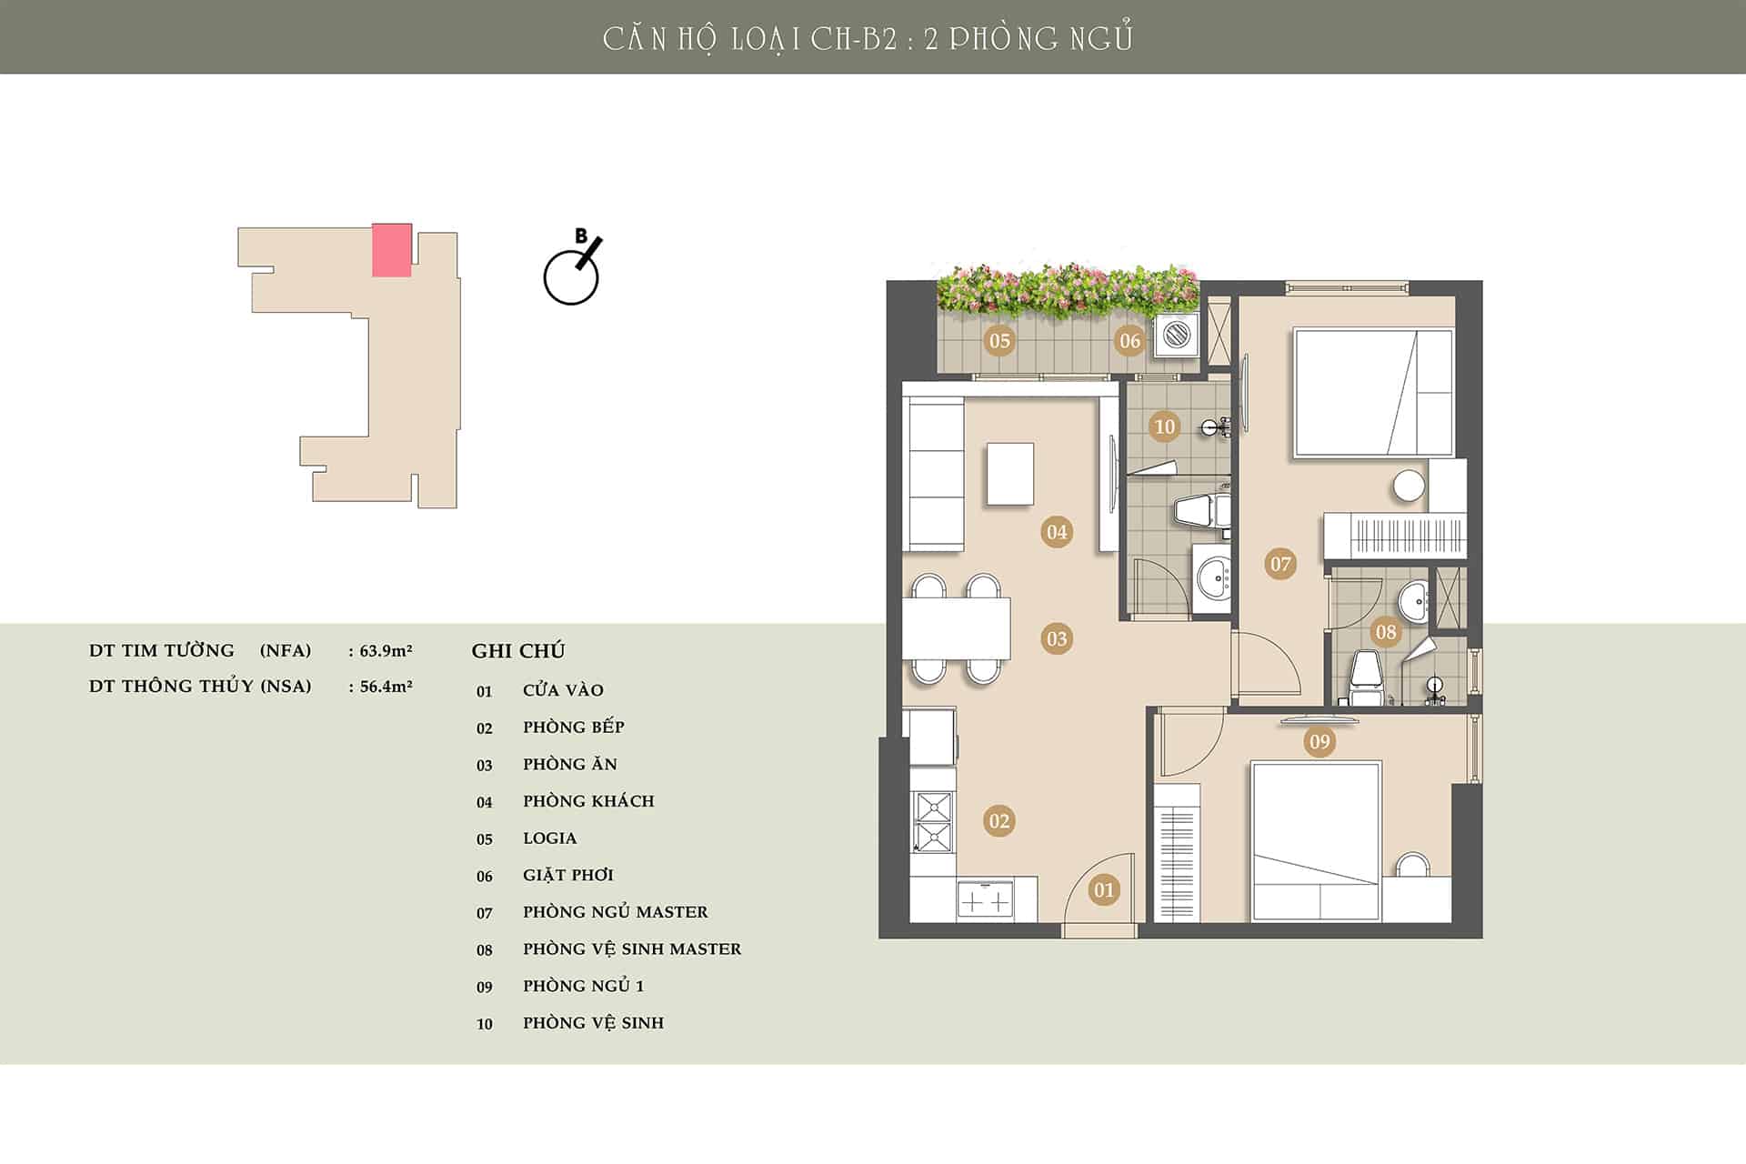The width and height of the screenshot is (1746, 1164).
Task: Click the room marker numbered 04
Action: point(1057,532)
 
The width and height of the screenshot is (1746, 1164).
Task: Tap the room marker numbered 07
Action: point(1280,564)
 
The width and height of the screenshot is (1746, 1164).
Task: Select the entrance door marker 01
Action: point(1104,889)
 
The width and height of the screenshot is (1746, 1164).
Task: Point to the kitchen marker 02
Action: point(998,821)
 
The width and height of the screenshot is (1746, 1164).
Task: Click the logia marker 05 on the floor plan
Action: point(999,341)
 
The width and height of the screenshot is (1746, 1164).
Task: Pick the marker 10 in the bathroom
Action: point(1164,426)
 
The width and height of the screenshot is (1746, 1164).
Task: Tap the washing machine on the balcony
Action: point(1177,336)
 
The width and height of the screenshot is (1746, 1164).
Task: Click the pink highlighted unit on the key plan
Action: point(392,250)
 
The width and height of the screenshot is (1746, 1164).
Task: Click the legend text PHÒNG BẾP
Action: point(574,727)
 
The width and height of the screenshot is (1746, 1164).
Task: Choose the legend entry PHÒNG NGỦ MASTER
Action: point(616,911)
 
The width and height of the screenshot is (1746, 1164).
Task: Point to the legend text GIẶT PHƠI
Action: point(568,875)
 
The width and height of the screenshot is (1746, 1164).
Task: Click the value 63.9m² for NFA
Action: point(386,650)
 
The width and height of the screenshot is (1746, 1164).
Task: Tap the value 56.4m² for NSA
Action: point(386,686)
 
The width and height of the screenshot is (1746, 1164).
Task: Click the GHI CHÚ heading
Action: point(518,650)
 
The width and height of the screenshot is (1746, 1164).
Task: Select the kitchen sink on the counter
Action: point(986,901)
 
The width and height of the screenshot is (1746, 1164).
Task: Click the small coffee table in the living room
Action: point(1010,473)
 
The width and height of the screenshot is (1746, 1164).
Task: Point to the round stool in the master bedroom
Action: point(1409,486)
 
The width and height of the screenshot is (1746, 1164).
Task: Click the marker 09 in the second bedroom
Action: point(1320,742)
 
